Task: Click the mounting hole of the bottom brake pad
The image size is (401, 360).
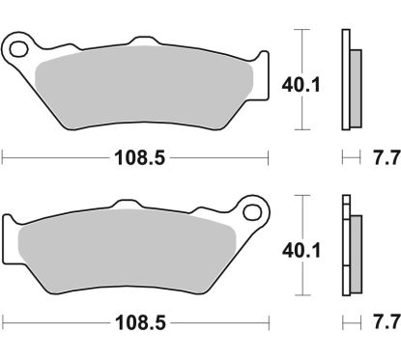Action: pyautogui.click(x=255, y=208)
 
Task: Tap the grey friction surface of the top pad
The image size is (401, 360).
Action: pyautogui.click(x=145, y=93)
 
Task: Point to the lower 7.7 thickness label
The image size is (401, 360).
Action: pyautogui.click(x=382, y=320)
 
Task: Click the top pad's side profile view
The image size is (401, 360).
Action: pyautogui.click(x=350, y=81)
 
